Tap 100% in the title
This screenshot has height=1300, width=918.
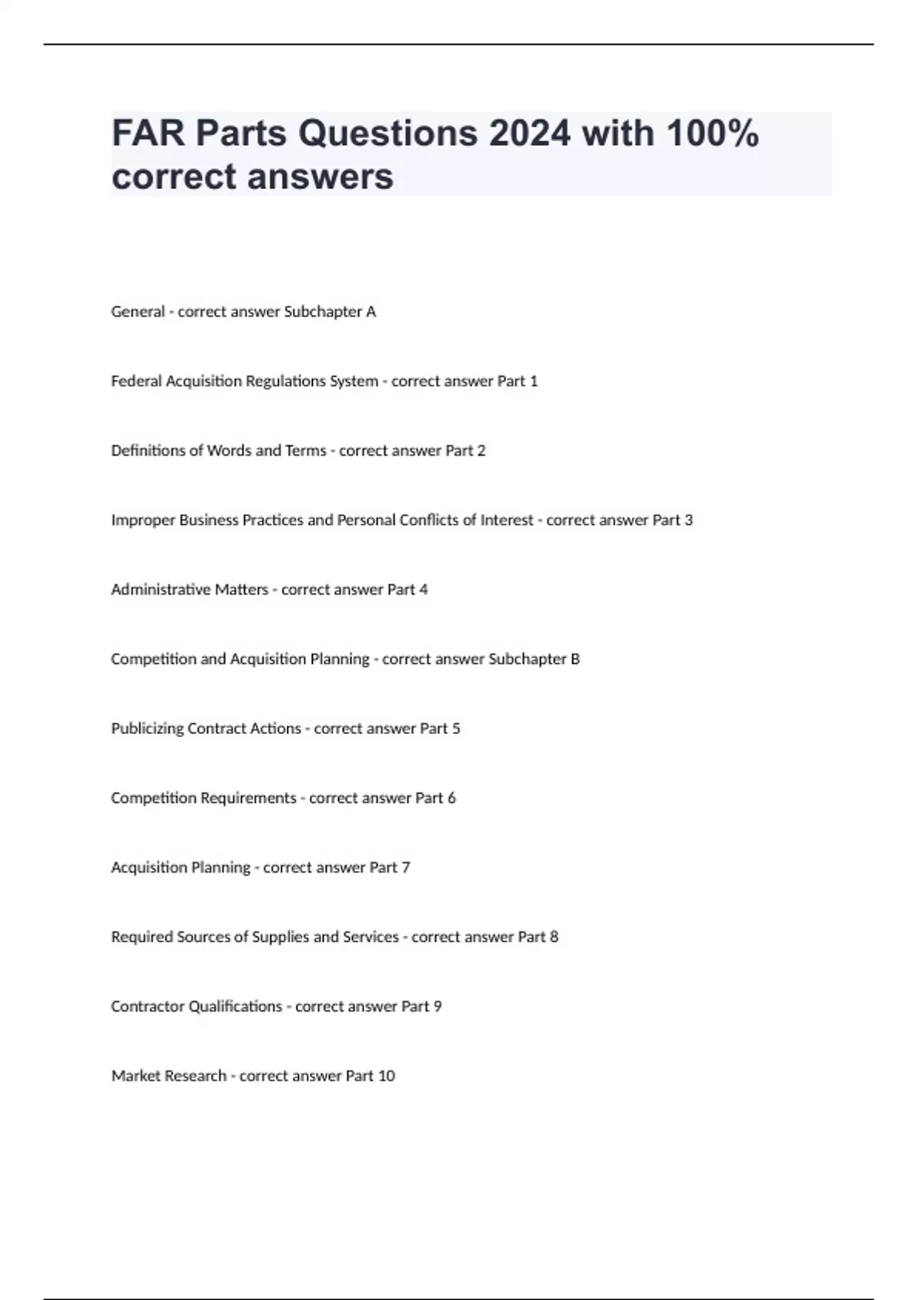point(711,134)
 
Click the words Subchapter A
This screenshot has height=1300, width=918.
point(330,312)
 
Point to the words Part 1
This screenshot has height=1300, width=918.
point(518,382)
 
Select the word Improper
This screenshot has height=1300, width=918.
point(143,521)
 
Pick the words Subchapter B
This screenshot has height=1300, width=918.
point(534,659)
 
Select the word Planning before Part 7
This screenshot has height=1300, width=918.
point(220,868)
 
